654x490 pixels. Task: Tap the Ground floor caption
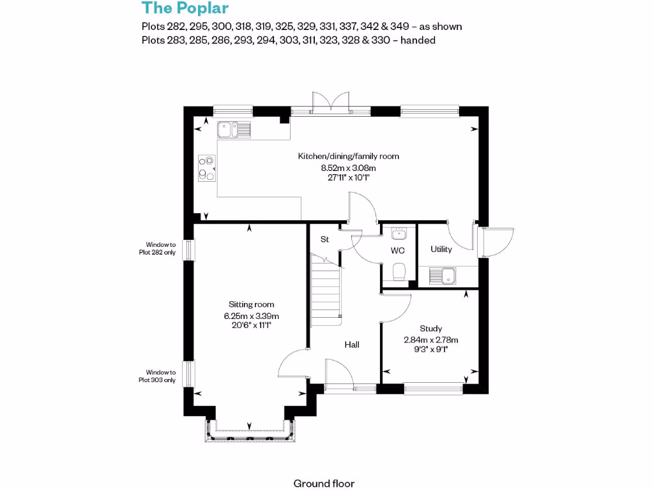(324, 484)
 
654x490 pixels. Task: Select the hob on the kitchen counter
(207, 168)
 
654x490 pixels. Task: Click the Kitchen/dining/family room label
(349, 156)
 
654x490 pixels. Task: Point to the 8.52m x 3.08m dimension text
(348, 168)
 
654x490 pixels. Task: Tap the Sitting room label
(251, 305)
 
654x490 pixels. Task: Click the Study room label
(431, 329)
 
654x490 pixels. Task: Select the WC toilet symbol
(399, 271)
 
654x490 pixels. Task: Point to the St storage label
(324, 239)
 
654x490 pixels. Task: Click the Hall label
(352, 345)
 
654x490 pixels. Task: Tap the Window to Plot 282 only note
(160, 248)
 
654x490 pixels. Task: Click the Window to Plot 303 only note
(160, 376)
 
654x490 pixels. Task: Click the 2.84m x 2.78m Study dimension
(431, 340)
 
